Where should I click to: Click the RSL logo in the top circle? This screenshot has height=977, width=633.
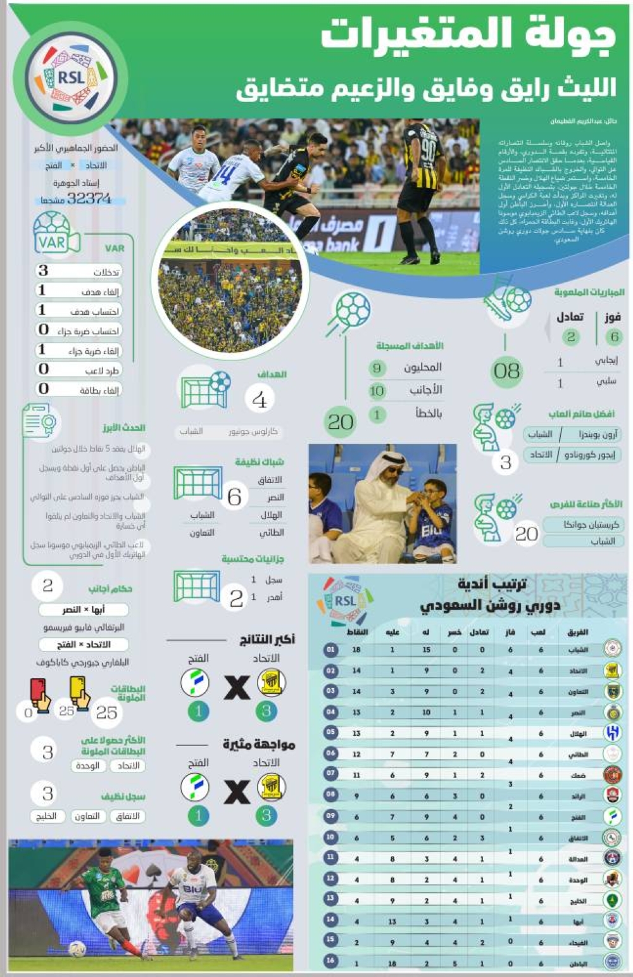point(71,77)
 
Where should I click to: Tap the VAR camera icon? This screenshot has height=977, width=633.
point(56,235)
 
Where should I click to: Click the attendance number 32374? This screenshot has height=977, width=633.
point(89,198)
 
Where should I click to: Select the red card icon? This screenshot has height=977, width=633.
point(39,694)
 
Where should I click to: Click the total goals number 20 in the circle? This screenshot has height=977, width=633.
point(341,422)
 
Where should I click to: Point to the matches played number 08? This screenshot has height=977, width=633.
point(507,371)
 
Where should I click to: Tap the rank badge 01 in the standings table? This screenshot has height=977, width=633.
point(330,650)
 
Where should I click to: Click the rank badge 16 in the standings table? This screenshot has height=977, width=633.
point(330,961)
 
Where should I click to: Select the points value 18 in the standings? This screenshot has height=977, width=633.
point(356,650)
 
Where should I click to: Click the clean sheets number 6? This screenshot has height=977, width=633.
point(234,497)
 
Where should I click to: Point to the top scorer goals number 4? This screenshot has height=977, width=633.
point(260,400)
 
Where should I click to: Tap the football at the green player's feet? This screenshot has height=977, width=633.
point(77,949)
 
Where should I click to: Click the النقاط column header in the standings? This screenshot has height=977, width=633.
point(358,633)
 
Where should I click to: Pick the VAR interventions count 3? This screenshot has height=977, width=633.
point(43,270)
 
